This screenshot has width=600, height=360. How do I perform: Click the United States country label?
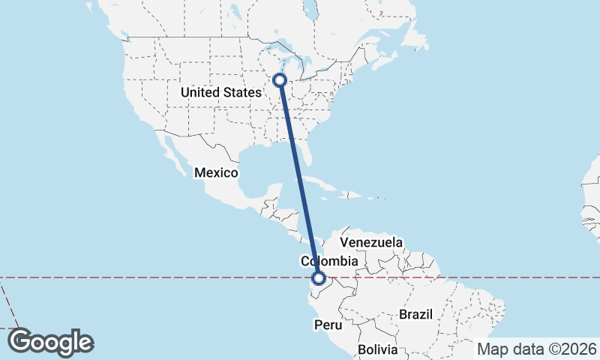tap(220, 93)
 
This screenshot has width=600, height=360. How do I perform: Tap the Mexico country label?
tap(216, 173)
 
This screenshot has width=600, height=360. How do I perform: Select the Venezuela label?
tap(371, 243)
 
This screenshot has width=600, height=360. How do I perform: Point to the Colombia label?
tap(328, 262)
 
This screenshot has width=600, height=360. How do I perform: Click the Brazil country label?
tap(416, 314)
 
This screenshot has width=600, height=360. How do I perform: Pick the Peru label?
tap(328, 325)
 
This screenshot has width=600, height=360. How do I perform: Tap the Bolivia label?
tap(376, 349)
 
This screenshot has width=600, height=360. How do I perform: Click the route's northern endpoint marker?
tap(280, 80)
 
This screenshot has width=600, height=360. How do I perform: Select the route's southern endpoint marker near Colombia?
tap(319, 279)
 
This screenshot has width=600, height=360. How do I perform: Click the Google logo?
tap(51, 341)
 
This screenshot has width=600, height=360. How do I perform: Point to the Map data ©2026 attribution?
tap(537, 349)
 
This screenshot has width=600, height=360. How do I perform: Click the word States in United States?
tap(241, 93)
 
